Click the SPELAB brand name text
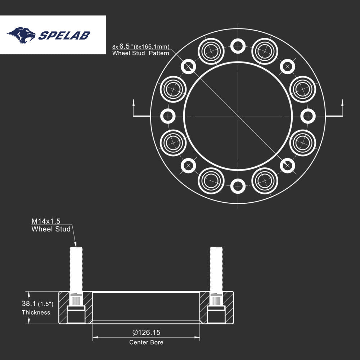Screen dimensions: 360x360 click(x=64, y=35)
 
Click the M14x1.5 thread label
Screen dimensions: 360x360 click(x=46, y=221)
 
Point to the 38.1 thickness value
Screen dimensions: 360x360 click(x=29, y=303)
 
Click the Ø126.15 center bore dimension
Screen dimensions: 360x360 click(x=146, y=332)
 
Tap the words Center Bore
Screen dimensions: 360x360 click(x=146, y=342)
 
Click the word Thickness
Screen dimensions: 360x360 click(x=36, y=312)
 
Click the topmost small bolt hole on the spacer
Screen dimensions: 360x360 click(x=238, y=46)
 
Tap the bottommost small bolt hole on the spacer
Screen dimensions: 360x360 click(x=238, y=186)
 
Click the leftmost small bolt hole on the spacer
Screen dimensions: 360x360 click(x=168, y=116)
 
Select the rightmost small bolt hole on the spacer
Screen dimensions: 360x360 click(x=308, y=116)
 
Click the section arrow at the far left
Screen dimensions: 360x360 click(x=134, y=108)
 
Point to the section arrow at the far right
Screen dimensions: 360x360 click(x=342, y=108)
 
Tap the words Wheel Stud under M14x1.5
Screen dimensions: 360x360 click(x=51, y=229)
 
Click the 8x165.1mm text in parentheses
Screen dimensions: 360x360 click(x=152, y=47)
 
